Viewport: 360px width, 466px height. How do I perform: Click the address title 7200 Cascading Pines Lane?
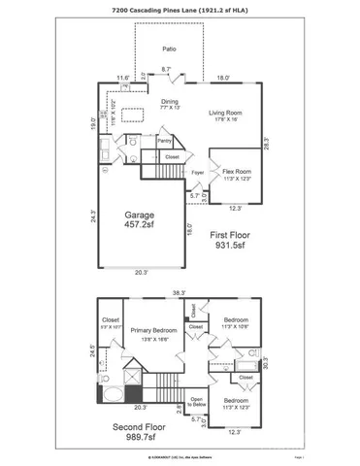180,9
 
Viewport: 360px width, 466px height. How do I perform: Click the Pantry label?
163,141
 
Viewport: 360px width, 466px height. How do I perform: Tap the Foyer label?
197,174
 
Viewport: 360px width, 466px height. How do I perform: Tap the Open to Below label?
195,401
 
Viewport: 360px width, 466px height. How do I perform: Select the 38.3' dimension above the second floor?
180,291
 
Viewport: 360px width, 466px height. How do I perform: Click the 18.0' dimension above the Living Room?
222,78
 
